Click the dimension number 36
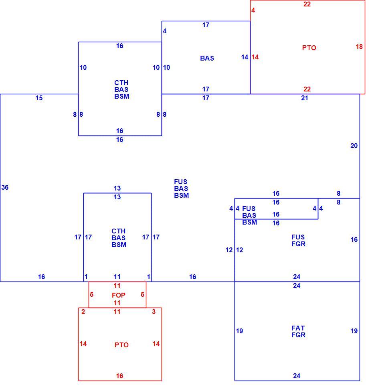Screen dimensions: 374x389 click(x=5, y=187)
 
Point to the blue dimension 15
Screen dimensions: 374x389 click(x=39, y=98)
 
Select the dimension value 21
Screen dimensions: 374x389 click(x=305, y=98)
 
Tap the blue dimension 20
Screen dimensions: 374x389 click(x=354, y=146)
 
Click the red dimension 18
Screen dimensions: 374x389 click(x=359, y=47)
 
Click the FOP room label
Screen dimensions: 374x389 click(x=119, y=295)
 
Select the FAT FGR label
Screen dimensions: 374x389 click(x=298, y=331)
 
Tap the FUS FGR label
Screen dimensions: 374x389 click(x=298, y=240)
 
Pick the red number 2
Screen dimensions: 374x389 click(x=83, y=312)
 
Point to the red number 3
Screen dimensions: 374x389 click(x=154, y=312)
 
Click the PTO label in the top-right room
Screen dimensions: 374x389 click(x=309, y=48)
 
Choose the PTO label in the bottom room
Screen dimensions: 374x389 click(x=121, y=345)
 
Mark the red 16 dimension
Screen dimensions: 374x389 click(x=119, y=376)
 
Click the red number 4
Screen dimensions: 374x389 click(x=253, y=10)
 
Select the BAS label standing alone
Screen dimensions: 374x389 click(x=207, y=58)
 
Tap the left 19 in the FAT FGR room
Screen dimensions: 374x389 click(x=239, y=331)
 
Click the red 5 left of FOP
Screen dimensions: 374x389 click(x=91, y=294)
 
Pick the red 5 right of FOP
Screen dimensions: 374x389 click(x=142, y=294)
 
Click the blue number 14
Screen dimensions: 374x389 click(x=245, y=57)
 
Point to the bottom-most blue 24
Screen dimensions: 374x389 click(x=297, y=376)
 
